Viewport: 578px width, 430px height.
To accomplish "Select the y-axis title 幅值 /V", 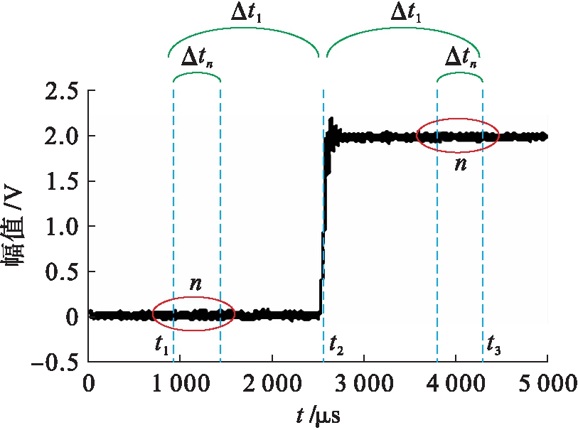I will click(x=17, y=227).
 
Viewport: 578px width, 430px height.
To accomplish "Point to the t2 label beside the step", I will click(x=336, y=346).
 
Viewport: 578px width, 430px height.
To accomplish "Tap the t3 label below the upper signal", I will click(x=493, y=346).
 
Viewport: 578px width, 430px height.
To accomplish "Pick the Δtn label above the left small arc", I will click(x=198, y=58).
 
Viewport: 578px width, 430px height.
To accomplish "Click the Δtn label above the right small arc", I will click(x=460, y=58).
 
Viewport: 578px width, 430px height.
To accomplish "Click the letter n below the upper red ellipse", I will click(x=461, y=164).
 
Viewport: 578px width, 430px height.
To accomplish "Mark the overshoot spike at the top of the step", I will click(x=331, y=122).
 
